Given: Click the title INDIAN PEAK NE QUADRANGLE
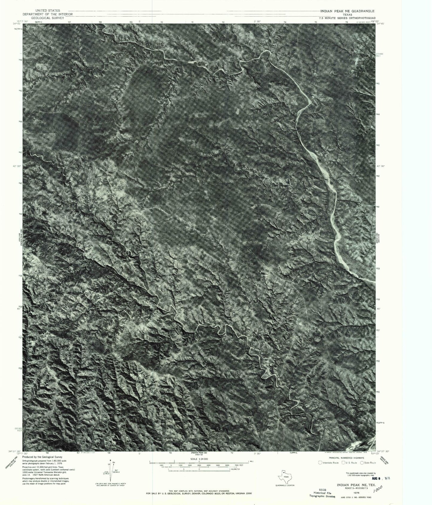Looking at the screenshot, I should click(348, 11).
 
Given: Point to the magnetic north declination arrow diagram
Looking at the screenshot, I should click(111, 471).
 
